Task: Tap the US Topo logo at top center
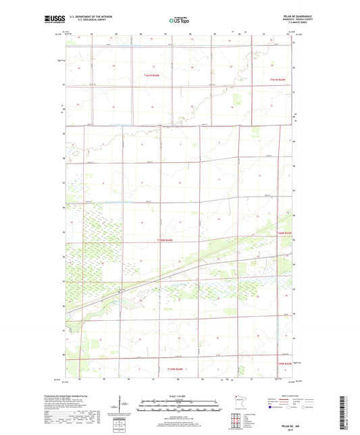click(x=180, y=21)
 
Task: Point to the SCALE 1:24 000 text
click(x=180, y=396)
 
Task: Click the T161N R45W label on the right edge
click(x=279, y=80)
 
